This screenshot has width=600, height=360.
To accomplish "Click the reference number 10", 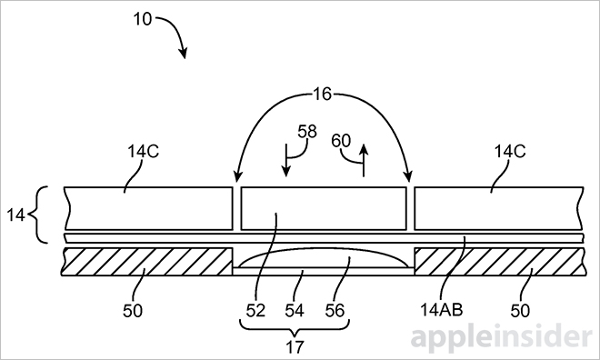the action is pyautogui.click(x=143, y=19).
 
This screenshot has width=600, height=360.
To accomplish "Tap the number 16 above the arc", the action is pyautogui.click(x=322, y=94).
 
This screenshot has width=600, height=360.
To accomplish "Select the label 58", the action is pyautogui.click(x=307, y=131).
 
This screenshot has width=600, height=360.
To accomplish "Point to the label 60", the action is pyautogui.click(x=341, y=141).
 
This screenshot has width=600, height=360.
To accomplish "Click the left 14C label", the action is pyautogui.click(x=143, y=152).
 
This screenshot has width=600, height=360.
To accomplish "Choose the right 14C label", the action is pyautogui.click(x=510, y=152).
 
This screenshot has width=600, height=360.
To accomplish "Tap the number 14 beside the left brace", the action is pyautogui.click(x=15, y=215).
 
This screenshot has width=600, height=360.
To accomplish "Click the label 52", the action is pyautogui.click(x=255, y=310).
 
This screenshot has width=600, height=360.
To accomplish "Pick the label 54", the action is pyautogui.click(x=295, y=310).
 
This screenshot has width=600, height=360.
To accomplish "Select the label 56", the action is pyautogui.click(x=335, y=310).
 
